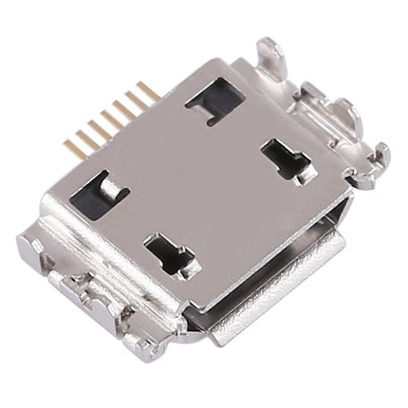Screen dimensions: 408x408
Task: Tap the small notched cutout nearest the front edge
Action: point(169,253)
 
